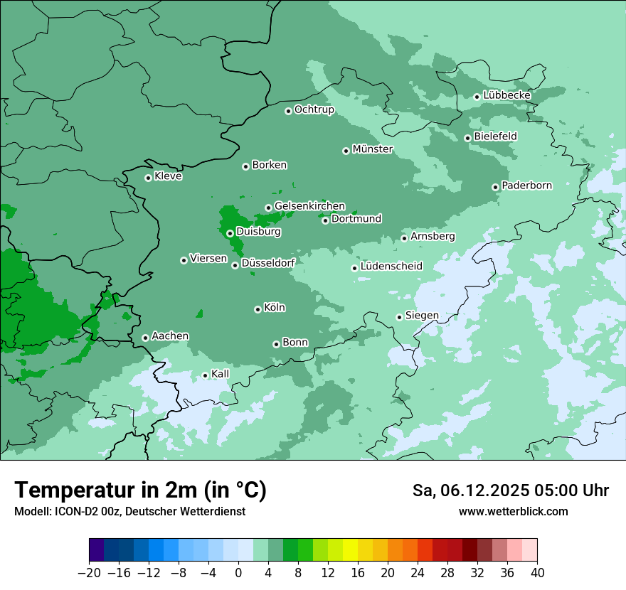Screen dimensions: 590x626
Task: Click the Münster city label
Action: pos(373,149)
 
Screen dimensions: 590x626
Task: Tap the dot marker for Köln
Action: pos(258,309)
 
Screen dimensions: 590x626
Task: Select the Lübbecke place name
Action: pos(506,95)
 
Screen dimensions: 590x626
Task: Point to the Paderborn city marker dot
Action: pos(495,187)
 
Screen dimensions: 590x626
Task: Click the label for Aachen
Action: pos(170,336)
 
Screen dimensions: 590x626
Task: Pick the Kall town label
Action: pos(221,374)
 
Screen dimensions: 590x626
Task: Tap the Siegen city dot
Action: pos(399,317)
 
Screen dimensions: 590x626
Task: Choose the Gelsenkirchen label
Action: pos(309,206)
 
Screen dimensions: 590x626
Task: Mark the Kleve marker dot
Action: pos(148,178)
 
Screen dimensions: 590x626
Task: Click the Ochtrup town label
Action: pos(314,109)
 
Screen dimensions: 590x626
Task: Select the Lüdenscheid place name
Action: pos(391,267)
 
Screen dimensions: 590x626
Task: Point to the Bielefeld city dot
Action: pos(467,138)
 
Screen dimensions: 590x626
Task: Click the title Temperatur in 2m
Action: pos(140,490)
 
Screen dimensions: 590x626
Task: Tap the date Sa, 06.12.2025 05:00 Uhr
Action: pos(510,490)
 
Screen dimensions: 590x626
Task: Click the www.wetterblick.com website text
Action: pos(513,511)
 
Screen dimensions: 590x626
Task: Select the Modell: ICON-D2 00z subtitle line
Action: pos(129,511)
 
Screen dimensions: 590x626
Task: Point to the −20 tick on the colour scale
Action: pos(90,573)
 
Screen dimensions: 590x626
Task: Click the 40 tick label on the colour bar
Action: pos(537,573)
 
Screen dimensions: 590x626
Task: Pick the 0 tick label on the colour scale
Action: pos(238,573)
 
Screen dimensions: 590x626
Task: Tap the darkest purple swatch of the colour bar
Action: pos(97,550)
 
